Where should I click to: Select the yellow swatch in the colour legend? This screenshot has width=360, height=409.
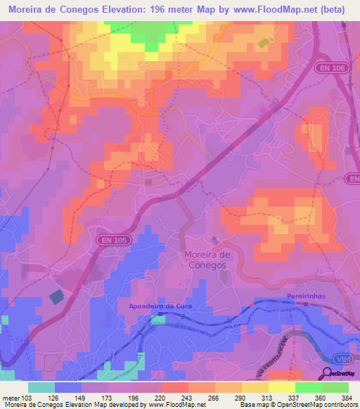click(x=282, y=387)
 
